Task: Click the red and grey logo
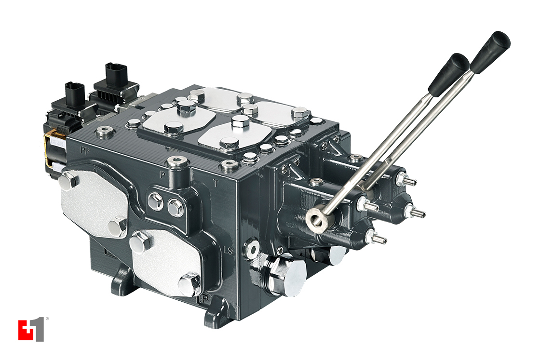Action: coord(31,329)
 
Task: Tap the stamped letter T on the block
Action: coord(216,182)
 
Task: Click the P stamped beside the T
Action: coord(162,173)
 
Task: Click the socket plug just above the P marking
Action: coord(177,162)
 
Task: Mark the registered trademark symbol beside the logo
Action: coord(46,319)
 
